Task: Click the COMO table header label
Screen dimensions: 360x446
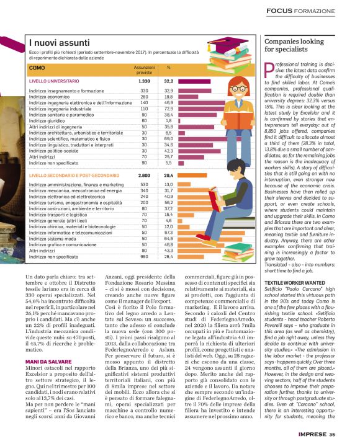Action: (x=37, y=68)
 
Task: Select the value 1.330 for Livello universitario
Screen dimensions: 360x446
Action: (x=144, y=81)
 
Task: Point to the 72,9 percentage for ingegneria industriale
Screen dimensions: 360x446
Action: (x=168, y=109)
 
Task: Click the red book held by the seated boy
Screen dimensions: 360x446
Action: (x=217, y=198)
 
